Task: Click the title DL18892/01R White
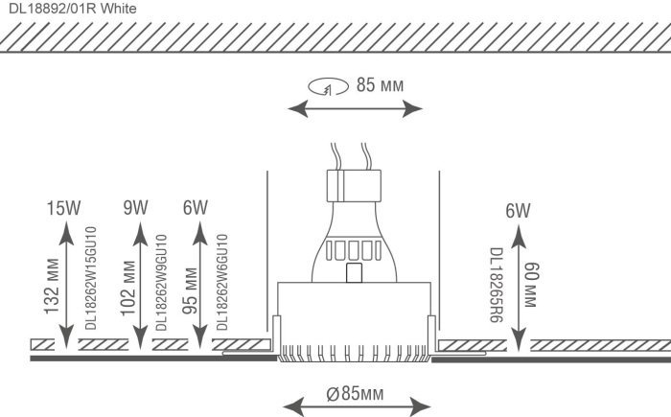[73, 8]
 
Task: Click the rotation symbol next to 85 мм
[328, 86]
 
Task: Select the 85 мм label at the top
[380, 85]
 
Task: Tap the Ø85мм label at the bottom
[355, 393]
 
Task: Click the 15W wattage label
[63, 208]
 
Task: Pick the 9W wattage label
[136, 208]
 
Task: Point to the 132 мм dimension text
[52, 286]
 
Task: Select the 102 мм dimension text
[128, 288]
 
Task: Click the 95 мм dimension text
[190, 290]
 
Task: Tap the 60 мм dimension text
[530, 285]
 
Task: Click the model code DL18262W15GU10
[91, 278]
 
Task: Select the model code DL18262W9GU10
[161, 283]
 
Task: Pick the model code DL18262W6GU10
[222, 282]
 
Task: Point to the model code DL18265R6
[497, 285]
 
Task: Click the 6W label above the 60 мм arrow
[518, 211]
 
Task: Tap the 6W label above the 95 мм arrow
[196, 208]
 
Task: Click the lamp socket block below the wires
[354, 186]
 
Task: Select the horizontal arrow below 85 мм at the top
[356, 108]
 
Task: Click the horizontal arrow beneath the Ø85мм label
[357, 405]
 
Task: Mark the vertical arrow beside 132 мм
[66, 286]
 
